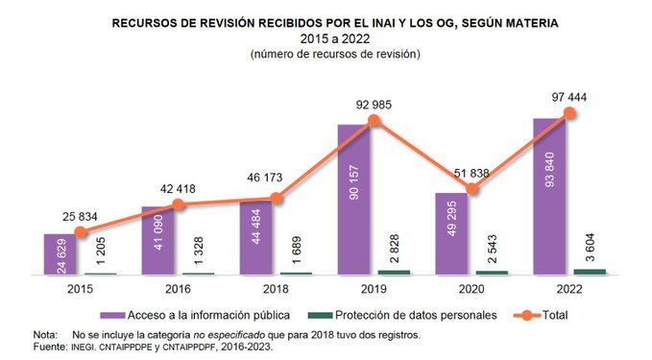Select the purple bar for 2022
pos(549,196)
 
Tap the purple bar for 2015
pos(59,254)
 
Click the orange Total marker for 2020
pos(471,189)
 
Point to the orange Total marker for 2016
pos(179,204)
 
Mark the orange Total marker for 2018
pos(277,199)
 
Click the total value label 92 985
pos(374,104)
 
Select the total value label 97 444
pos(569,95)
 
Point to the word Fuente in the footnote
pos(51,348)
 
